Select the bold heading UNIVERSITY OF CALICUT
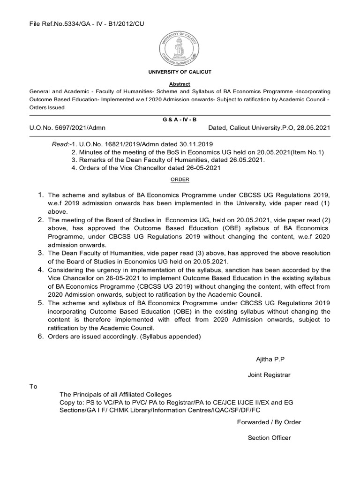(180, 72)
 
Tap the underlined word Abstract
(180, 83)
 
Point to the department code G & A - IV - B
(180, 120)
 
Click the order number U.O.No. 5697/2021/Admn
(67, 127)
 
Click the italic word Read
(59, 144)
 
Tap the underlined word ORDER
(180, 179)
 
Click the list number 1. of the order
(40, 194)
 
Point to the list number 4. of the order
(40, 270)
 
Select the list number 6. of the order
(40, 336)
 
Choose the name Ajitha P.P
(270, 359)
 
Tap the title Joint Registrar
(269, 375)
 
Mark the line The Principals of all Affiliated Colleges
(115, 394)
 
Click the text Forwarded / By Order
(269, 422)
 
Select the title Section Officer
(269, 438)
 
